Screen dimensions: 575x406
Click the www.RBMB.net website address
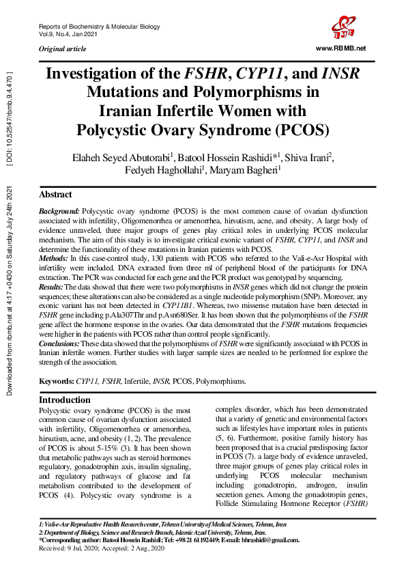341,48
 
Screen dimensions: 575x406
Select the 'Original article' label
63,50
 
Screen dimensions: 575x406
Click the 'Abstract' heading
56,195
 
